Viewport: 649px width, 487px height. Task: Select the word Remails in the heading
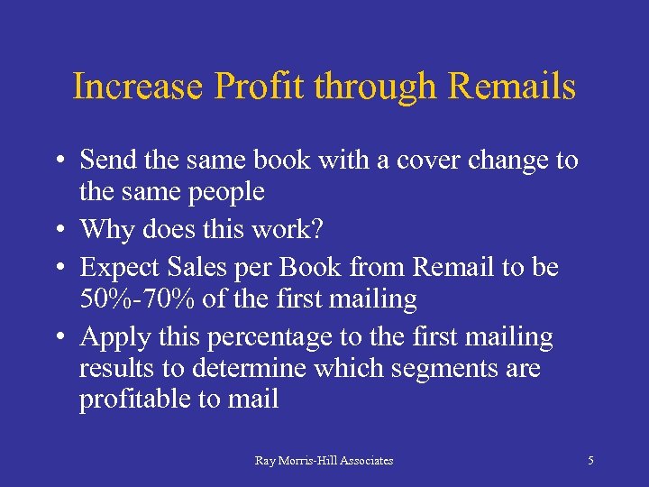tap(511, 87)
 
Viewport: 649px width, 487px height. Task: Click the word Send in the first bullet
tap(107, 161)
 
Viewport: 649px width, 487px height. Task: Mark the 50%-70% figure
tap(133, 299)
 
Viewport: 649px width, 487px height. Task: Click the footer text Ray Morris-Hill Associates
tap(324, 461)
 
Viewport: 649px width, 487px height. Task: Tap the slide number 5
tap(590, 461)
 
